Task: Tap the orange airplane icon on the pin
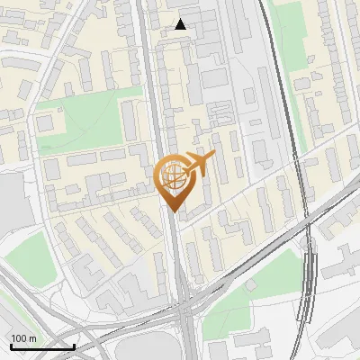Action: point(199,165)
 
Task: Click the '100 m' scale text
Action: point(24,337)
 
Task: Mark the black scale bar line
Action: point(42,346)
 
